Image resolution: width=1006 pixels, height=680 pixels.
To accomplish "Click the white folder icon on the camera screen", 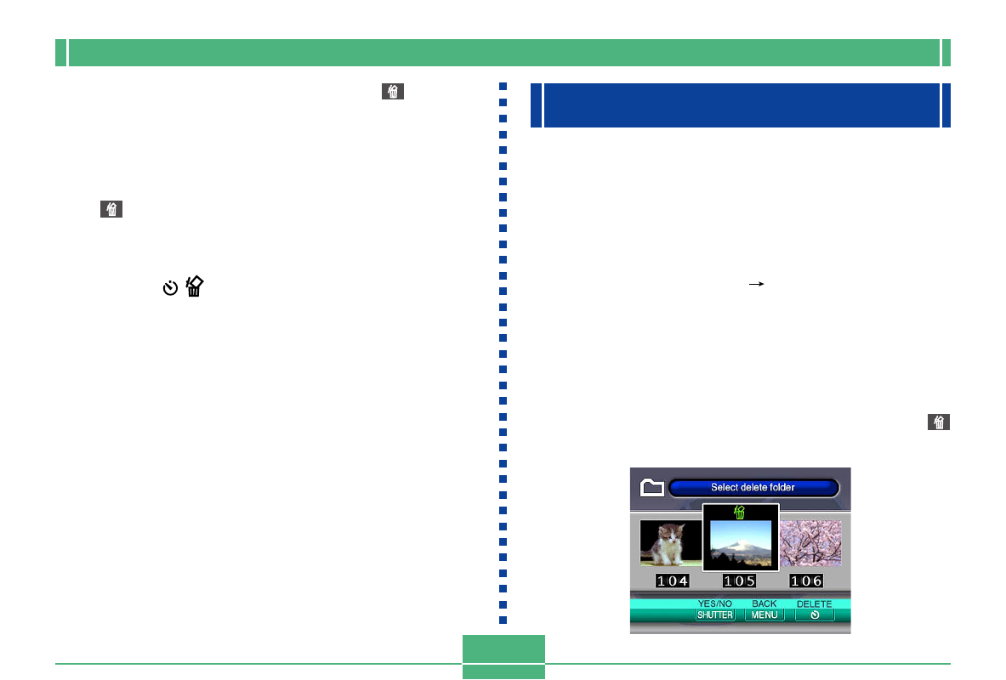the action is [652, 488].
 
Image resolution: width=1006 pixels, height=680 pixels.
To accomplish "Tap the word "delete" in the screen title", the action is [754, 488].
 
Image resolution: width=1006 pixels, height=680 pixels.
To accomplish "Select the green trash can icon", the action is [740, 512].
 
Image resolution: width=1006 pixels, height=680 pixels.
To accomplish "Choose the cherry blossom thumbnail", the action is [810, 542].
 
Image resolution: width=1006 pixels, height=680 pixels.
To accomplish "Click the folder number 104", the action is [673, 581].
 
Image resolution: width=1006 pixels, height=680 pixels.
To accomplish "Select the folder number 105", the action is [739, 581].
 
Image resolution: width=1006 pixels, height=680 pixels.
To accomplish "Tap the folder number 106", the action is [806, 581].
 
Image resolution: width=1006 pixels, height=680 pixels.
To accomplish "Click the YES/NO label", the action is [714, 603].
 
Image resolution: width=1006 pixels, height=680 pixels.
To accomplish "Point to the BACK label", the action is [764, 603].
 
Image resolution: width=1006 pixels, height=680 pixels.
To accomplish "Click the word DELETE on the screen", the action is [814, 603].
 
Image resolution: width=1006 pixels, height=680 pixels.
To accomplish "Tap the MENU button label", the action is [764, 615].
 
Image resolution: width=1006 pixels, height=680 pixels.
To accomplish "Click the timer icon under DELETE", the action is [815, 615].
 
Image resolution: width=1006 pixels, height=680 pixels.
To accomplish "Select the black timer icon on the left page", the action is [170, 287].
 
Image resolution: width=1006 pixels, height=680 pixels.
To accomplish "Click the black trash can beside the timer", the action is [195, 286].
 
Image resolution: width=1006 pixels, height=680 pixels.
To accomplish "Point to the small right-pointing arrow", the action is [757, 284].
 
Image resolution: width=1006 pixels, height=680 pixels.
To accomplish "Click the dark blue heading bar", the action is [741, 105].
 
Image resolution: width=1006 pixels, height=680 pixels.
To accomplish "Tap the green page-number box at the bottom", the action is [503, 656].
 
